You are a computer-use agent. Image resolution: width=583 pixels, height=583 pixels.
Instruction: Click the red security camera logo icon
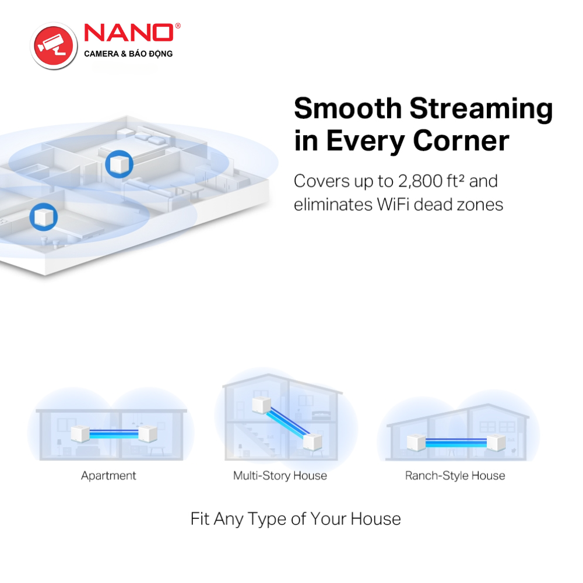pyautogui.click(x=54, y=45)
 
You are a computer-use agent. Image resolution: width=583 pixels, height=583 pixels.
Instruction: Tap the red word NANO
pyautogui.click(x=129, y=33)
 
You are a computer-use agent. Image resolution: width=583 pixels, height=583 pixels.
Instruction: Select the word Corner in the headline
pyautogui.click(x=461, y=141)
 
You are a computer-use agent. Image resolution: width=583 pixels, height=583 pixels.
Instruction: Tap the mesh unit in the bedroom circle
pyautogui.click(x=119, y=164)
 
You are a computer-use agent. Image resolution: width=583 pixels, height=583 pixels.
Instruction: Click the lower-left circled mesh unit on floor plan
pyautogui.click(x=44, y=217)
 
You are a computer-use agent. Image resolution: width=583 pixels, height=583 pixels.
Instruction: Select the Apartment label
pyautogui.click(x=108, y=476)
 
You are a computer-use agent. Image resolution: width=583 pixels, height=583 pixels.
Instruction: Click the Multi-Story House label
pyautogui.click(x=280, y=476)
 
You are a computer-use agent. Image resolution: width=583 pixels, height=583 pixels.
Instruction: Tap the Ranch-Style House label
pyautogui.click(x=455, y=476)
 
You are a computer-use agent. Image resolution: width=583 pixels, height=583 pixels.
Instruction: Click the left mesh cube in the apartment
pyautogui.click(x=80, y=434)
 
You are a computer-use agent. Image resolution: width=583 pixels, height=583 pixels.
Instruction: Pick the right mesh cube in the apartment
pyautogui.click(x=147, y=434)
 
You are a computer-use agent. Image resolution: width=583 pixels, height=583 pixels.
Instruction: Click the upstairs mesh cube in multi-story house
pyautogui.click(x=261, y=405)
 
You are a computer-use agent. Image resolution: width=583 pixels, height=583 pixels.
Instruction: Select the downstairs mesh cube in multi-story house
pyautogui.click(x=312, y=442)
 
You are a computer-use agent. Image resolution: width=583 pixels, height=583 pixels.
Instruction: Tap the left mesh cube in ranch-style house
pyautogui.click(x=416, y=442)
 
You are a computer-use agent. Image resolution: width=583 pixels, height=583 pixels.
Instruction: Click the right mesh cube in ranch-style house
pyautogui.click(x=496, y=442)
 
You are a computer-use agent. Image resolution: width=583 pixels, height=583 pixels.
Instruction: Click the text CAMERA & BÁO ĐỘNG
pyautogui.click(x=128, y=54)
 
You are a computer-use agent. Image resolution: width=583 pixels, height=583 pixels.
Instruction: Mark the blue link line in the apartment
pyautogui.click(x=114, y=434)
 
